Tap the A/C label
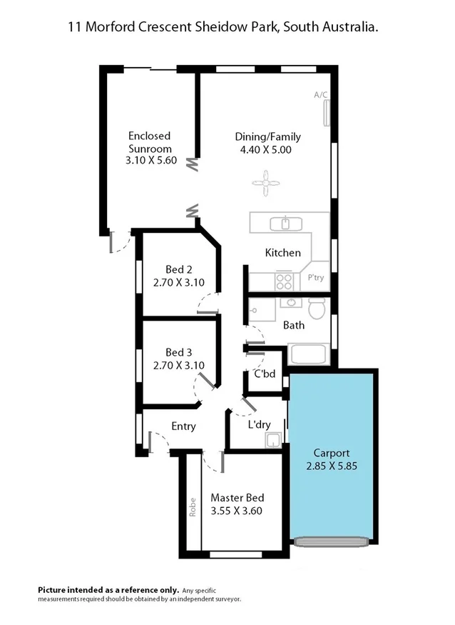320,94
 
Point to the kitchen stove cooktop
284,280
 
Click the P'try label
315,278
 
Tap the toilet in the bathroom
317,309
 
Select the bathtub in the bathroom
308,354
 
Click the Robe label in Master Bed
192,506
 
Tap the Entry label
183,426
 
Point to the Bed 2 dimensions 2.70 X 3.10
179,282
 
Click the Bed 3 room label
179,352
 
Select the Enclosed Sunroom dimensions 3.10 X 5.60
150,161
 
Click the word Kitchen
283,253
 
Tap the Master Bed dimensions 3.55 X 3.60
237,511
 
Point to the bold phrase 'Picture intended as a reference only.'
97,589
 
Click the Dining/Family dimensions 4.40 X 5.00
267,150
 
